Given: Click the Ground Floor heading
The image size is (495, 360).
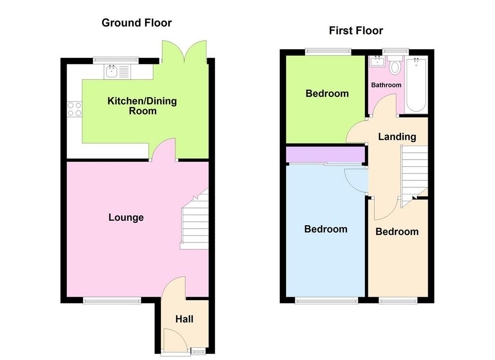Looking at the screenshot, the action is point(136,23).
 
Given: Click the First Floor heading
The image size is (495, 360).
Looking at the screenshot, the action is point(356,30).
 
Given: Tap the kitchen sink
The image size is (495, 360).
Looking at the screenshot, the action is point(117,72).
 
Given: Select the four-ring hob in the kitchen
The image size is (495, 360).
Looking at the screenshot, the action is point(74,109).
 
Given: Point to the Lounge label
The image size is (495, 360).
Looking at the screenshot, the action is point(126,217).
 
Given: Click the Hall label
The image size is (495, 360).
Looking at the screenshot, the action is point(184,319).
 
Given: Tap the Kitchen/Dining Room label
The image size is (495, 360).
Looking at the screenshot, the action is point(142,106).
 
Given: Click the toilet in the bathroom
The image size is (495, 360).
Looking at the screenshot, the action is point(395,65).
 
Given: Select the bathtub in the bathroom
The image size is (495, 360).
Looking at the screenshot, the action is point(416,85).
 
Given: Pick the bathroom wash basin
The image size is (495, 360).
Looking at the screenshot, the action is point(377,61).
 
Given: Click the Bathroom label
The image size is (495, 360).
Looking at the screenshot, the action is point(386,85).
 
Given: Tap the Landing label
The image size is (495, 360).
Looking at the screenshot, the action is point(397,137).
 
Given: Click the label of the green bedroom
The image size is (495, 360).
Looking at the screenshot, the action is point(327,93).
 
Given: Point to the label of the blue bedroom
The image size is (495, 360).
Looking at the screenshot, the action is point(326,229).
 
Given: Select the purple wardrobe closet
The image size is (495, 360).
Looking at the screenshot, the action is point(325,154).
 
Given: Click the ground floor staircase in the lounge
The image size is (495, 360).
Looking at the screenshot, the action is point(195,219).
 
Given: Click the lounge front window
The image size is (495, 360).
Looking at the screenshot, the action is point(112,300).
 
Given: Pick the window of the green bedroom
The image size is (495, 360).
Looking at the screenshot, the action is point(328,52).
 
